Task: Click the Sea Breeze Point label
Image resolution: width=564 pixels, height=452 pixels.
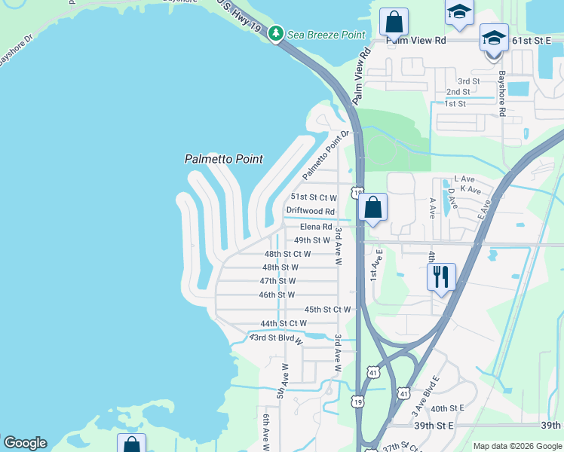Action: [x=325, y=35]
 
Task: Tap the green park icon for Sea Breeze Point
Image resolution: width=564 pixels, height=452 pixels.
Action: [x=277, y=34]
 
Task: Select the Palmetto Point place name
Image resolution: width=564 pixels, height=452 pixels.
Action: [x=224, y=159]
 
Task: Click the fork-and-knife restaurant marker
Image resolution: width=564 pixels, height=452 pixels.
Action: [x=441, y=276]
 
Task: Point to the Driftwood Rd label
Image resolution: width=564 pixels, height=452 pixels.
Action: [x=310, y=212]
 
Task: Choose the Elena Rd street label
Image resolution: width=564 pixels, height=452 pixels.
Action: [x=316, y=227]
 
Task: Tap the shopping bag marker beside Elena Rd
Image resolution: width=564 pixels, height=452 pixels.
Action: [x=373, y=207]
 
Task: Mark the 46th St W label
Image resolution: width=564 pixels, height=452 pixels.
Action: [x=277, y=295]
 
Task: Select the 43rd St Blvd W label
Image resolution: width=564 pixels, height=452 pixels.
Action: [x=276, y=338]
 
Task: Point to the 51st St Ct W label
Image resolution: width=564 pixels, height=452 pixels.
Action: [x=314, y=197]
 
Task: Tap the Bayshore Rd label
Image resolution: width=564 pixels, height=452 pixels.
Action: [x=501, y=93]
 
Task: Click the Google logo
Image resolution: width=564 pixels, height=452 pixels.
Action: [x=25, y=443]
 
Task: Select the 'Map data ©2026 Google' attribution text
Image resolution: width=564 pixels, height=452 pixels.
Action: [x=517, y=446]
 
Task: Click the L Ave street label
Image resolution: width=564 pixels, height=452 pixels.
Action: [x=464, y=179]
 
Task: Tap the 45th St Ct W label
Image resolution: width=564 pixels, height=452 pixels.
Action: [x=327, y=310]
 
